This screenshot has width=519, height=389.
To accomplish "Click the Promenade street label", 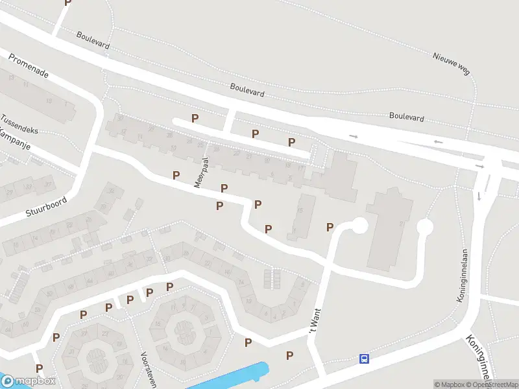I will tap(29, 65).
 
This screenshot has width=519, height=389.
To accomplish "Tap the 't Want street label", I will tap(314, 324).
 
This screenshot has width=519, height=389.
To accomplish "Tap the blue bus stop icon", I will tap(365, 359).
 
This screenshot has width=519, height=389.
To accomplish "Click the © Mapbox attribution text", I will tap(450, 384).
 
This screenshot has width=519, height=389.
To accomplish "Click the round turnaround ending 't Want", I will tap(358, 226).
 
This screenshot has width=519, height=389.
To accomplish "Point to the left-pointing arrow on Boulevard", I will tap(439, 141).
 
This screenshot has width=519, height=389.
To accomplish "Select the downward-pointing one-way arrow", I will tap(479, 196).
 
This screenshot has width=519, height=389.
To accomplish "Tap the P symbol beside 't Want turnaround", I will tap(330, 227).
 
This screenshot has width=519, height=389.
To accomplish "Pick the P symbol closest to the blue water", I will tap(289, 355).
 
